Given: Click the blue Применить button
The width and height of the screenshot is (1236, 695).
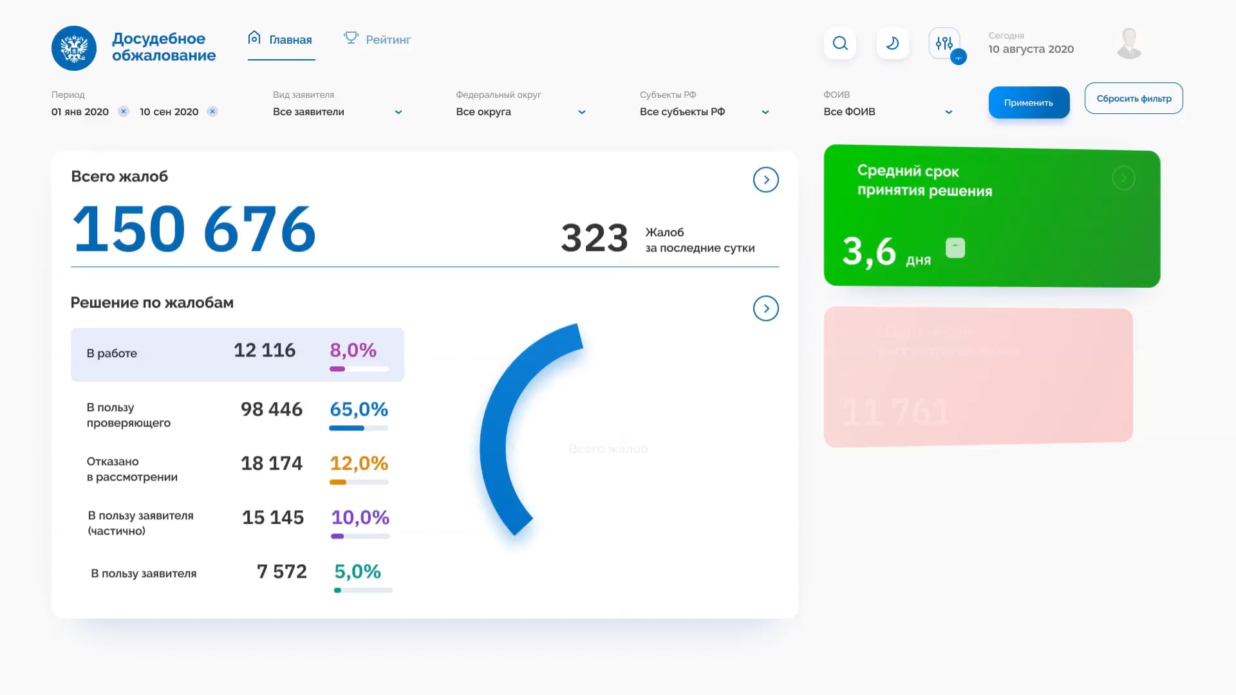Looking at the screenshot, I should pos(1029,103).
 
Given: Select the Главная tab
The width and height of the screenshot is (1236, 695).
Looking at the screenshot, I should pos(281,39).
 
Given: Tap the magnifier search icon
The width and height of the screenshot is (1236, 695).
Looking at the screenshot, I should pos(840,43).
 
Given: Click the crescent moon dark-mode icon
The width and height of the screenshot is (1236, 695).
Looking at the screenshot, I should pos(892,43).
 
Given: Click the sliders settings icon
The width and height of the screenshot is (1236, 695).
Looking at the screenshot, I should pos(944,43).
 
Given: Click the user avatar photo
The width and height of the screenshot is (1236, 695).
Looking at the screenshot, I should pos(1129,44).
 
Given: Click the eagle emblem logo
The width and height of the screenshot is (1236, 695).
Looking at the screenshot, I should pos(74,48).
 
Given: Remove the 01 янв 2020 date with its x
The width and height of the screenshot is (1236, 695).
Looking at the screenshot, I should pos(124,111).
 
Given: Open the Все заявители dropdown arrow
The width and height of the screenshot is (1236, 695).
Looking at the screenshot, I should pos(398,112).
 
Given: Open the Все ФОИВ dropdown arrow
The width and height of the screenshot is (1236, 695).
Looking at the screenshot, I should pos(948,112).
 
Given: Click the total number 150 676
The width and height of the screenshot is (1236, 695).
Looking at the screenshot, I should pos(194,229).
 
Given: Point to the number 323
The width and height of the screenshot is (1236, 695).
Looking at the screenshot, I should pos(594,238).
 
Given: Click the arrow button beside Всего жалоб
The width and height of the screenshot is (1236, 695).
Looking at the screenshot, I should pos(765,180).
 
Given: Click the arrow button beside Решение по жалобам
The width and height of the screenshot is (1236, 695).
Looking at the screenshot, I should pos(765,308).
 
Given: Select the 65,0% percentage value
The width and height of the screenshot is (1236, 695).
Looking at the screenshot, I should pos(359,409).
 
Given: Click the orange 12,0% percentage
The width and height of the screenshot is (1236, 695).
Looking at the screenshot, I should pos(359,463).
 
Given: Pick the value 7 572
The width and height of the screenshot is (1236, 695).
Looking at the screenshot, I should pos(281,571).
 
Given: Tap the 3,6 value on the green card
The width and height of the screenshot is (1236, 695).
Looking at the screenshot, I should pos(868,251).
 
